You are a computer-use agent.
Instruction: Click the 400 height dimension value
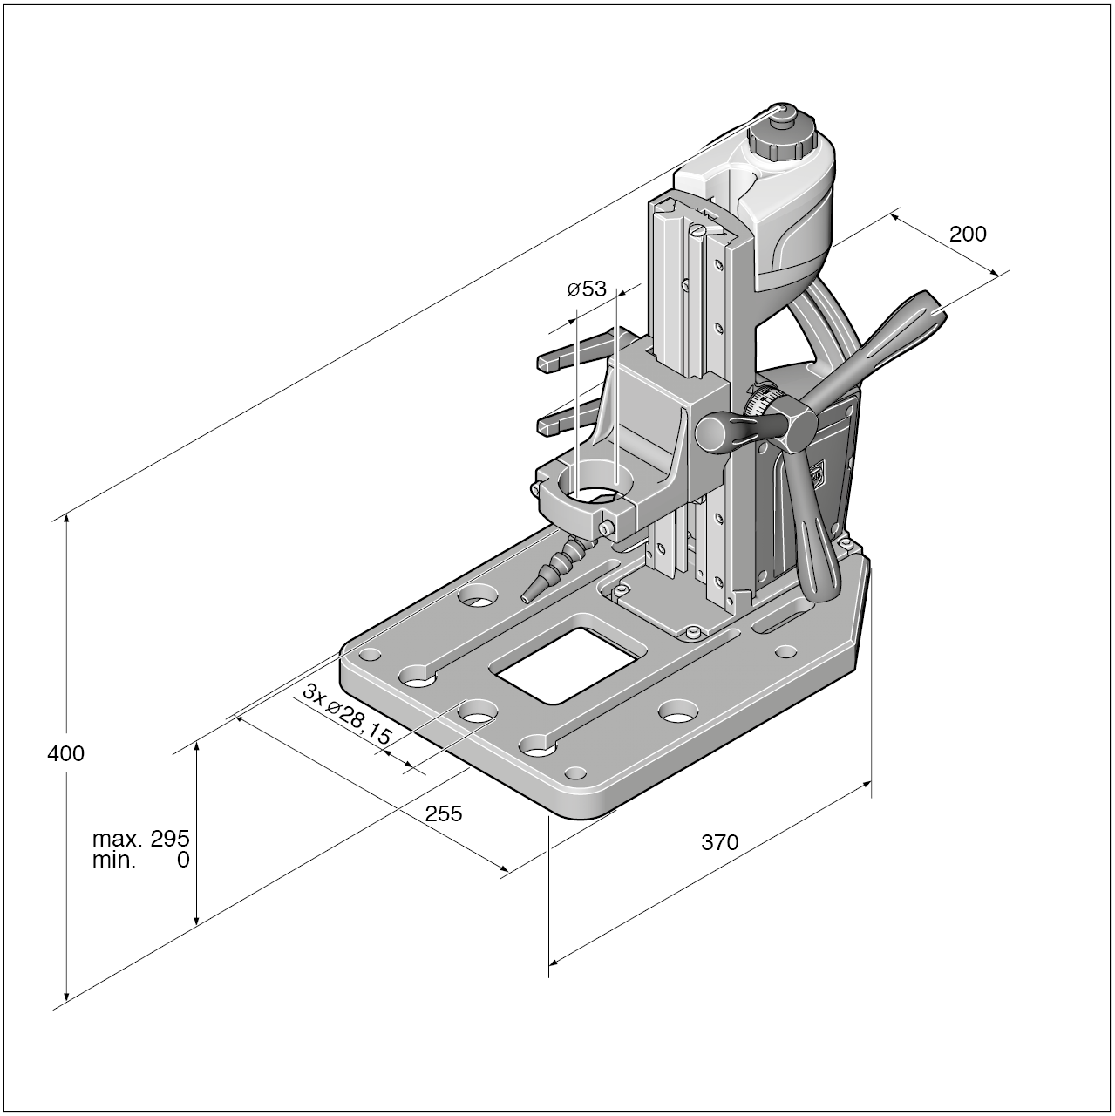coord(65,753)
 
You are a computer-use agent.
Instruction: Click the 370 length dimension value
coord(719,842)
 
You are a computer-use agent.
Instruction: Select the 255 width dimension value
coord(443,813)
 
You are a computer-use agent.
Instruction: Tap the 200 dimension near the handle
coord(968,234)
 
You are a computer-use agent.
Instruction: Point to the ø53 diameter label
coord(586,289)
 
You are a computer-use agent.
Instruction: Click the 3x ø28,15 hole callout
coord(347,713)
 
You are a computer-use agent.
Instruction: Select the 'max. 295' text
coord(140,839)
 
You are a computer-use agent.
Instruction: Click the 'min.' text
coord(114,861)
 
